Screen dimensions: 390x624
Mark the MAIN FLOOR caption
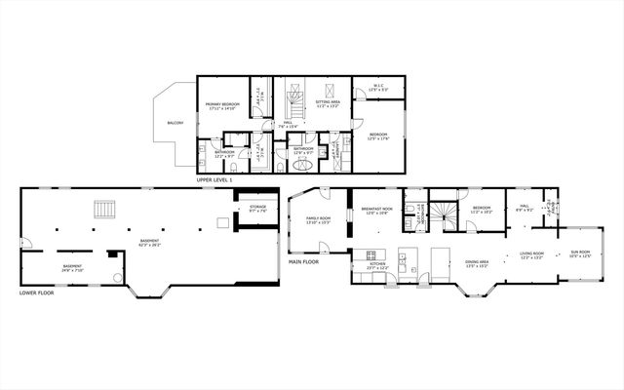(304, 261)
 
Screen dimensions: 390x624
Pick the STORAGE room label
(257, 207)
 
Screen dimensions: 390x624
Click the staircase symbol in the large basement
(104, 209)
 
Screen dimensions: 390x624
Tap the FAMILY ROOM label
(319, 219)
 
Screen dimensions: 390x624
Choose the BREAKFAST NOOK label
(376, 210)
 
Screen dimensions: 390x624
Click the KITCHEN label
(377, 265)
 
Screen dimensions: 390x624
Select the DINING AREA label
(476, 263)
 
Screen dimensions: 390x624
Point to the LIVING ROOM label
(531, 254)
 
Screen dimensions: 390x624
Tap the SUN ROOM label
(580, 254)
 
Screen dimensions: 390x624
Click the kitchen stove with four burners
(371, 255)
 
